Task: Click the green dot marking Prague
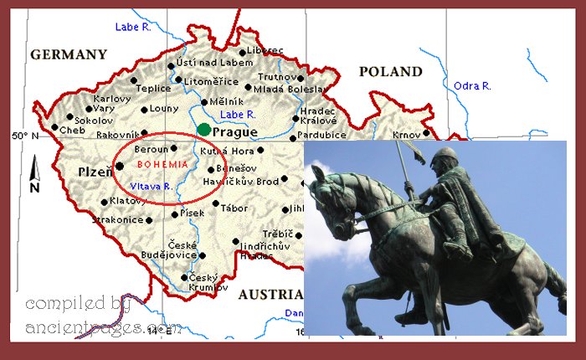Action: tap(204, 130)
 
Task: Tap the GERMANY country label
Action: tap(69, 54)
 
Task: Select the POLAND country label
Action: tap(391, 72)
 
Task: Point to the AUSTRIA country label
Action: tap(270, 295)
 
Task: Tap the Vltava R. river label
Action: tap(151, 187)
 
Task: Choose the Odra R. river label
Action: tap(472, 86)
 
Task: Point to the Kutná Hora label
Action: tap(226, 152)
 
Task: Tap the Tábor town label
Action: tap(234, 208)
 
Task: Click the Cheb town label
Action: tap(72, 131)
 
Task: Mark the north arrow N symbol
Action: tap(34, 177)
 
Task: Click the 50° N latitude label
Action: tap(25, 136)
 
